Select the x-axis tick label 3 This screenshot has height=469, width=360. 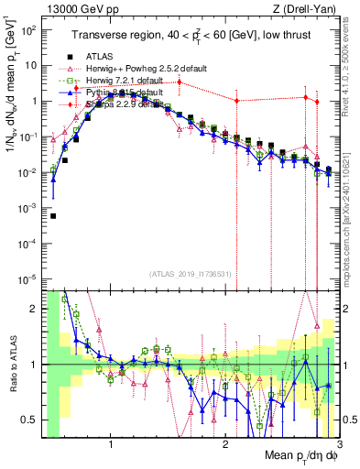338,444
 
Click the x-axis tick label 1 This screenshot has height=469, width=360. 111,444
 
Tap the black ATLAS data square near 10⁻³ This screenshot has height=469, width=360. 53,216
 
